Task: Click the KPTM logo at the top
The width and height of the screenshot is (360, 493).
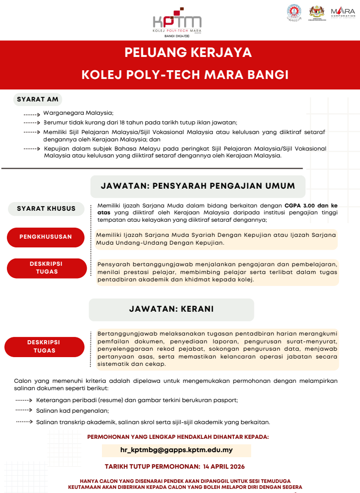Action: pos(177,21)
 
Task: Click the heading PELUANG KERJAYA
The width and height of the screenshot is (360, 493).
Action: pos(188,53)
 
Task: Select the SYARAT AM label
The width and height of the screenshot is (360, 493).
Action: pos(38,99)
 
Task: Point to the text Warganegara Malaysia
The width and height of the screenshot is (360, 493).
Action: pos(78,113)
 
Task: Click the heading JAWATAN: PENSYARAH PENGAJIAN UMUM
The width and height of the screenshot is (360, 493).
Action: pos(198,186)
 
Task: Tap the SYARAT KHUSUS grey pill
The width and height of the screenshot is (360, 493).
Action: pos(46,208)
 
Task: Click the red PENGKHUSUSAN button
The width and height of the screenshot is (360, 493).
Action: pos(46,237)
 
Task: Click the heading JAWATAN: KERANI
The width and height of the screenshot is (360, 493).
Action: pos(171,309)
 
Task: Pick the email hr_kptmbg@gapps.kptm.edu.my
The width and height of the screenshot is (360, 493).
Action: pos(176,450)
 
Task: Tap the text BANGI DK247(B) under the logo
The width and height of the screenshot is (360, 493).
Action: pos(177,35)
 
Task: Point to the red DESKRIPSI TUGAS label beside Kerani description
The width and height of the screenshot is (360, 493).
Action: pos(44,347)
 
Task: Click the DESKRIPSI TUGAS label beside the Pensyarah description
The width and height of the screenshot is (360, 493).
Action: pos(46,268)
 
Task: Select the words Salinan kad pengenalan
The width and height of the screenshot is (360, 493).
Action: pos(73,411)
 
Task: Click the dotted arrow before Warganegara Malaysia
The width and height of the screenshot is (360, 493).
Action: pos(32,113)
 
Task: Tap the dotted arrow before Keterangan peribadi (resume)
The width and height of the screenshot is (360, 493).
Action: pos(24,400)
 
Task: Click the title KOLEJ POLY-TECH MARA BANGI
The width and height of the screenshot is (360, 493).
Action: pos(185,74)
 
